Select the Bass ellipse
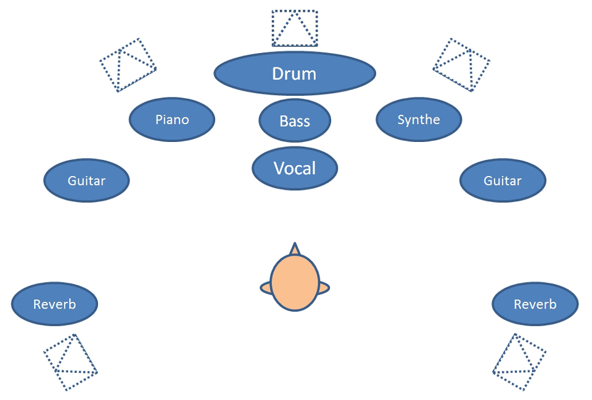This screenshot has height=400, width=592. (x=295, y=121)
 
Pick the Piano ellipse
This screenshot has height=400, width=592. (x=172, y=120)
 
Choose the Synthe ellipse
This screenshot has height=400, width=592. (x=419, y=120)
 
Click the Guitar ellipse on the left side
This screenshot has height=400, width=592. (x=86, y=181)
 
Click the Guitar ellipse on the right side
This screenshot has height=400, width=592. (x=503, y=181)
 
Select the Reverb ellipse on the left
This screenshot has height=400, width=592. (x=54, y=304)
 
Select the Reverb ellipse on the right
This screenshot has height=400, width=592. (x=535, y=304)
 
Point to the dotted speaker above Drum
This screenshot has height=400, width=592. (x=295, y=28)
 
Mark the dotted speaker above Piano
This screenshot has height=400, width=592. (x=128, y=65)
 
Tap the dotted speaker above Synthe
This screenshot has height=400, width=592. (x=461, y=64)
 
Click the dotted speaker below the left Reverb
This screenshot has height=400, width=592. (x=70, y=362)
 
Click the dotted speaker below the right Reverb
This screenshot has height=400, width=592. (x=520, y=362)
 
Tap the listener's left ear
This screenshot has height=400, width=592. (x=265, y=287)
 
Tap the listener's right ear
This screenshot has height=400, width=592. (x=324, y=287)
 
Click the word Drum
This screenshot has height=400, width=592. (x=294, y=74)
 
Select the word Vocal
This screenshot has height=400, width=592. (x=295, y=168)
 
